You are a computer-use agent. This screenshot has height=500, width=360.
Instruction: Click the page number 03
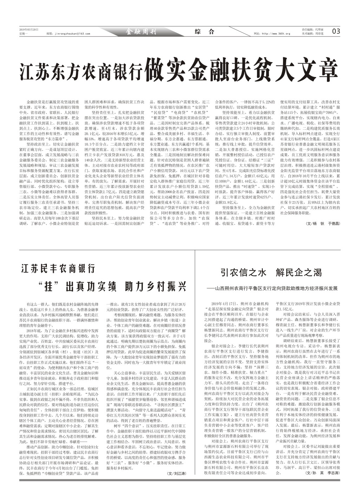point(336,31)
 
